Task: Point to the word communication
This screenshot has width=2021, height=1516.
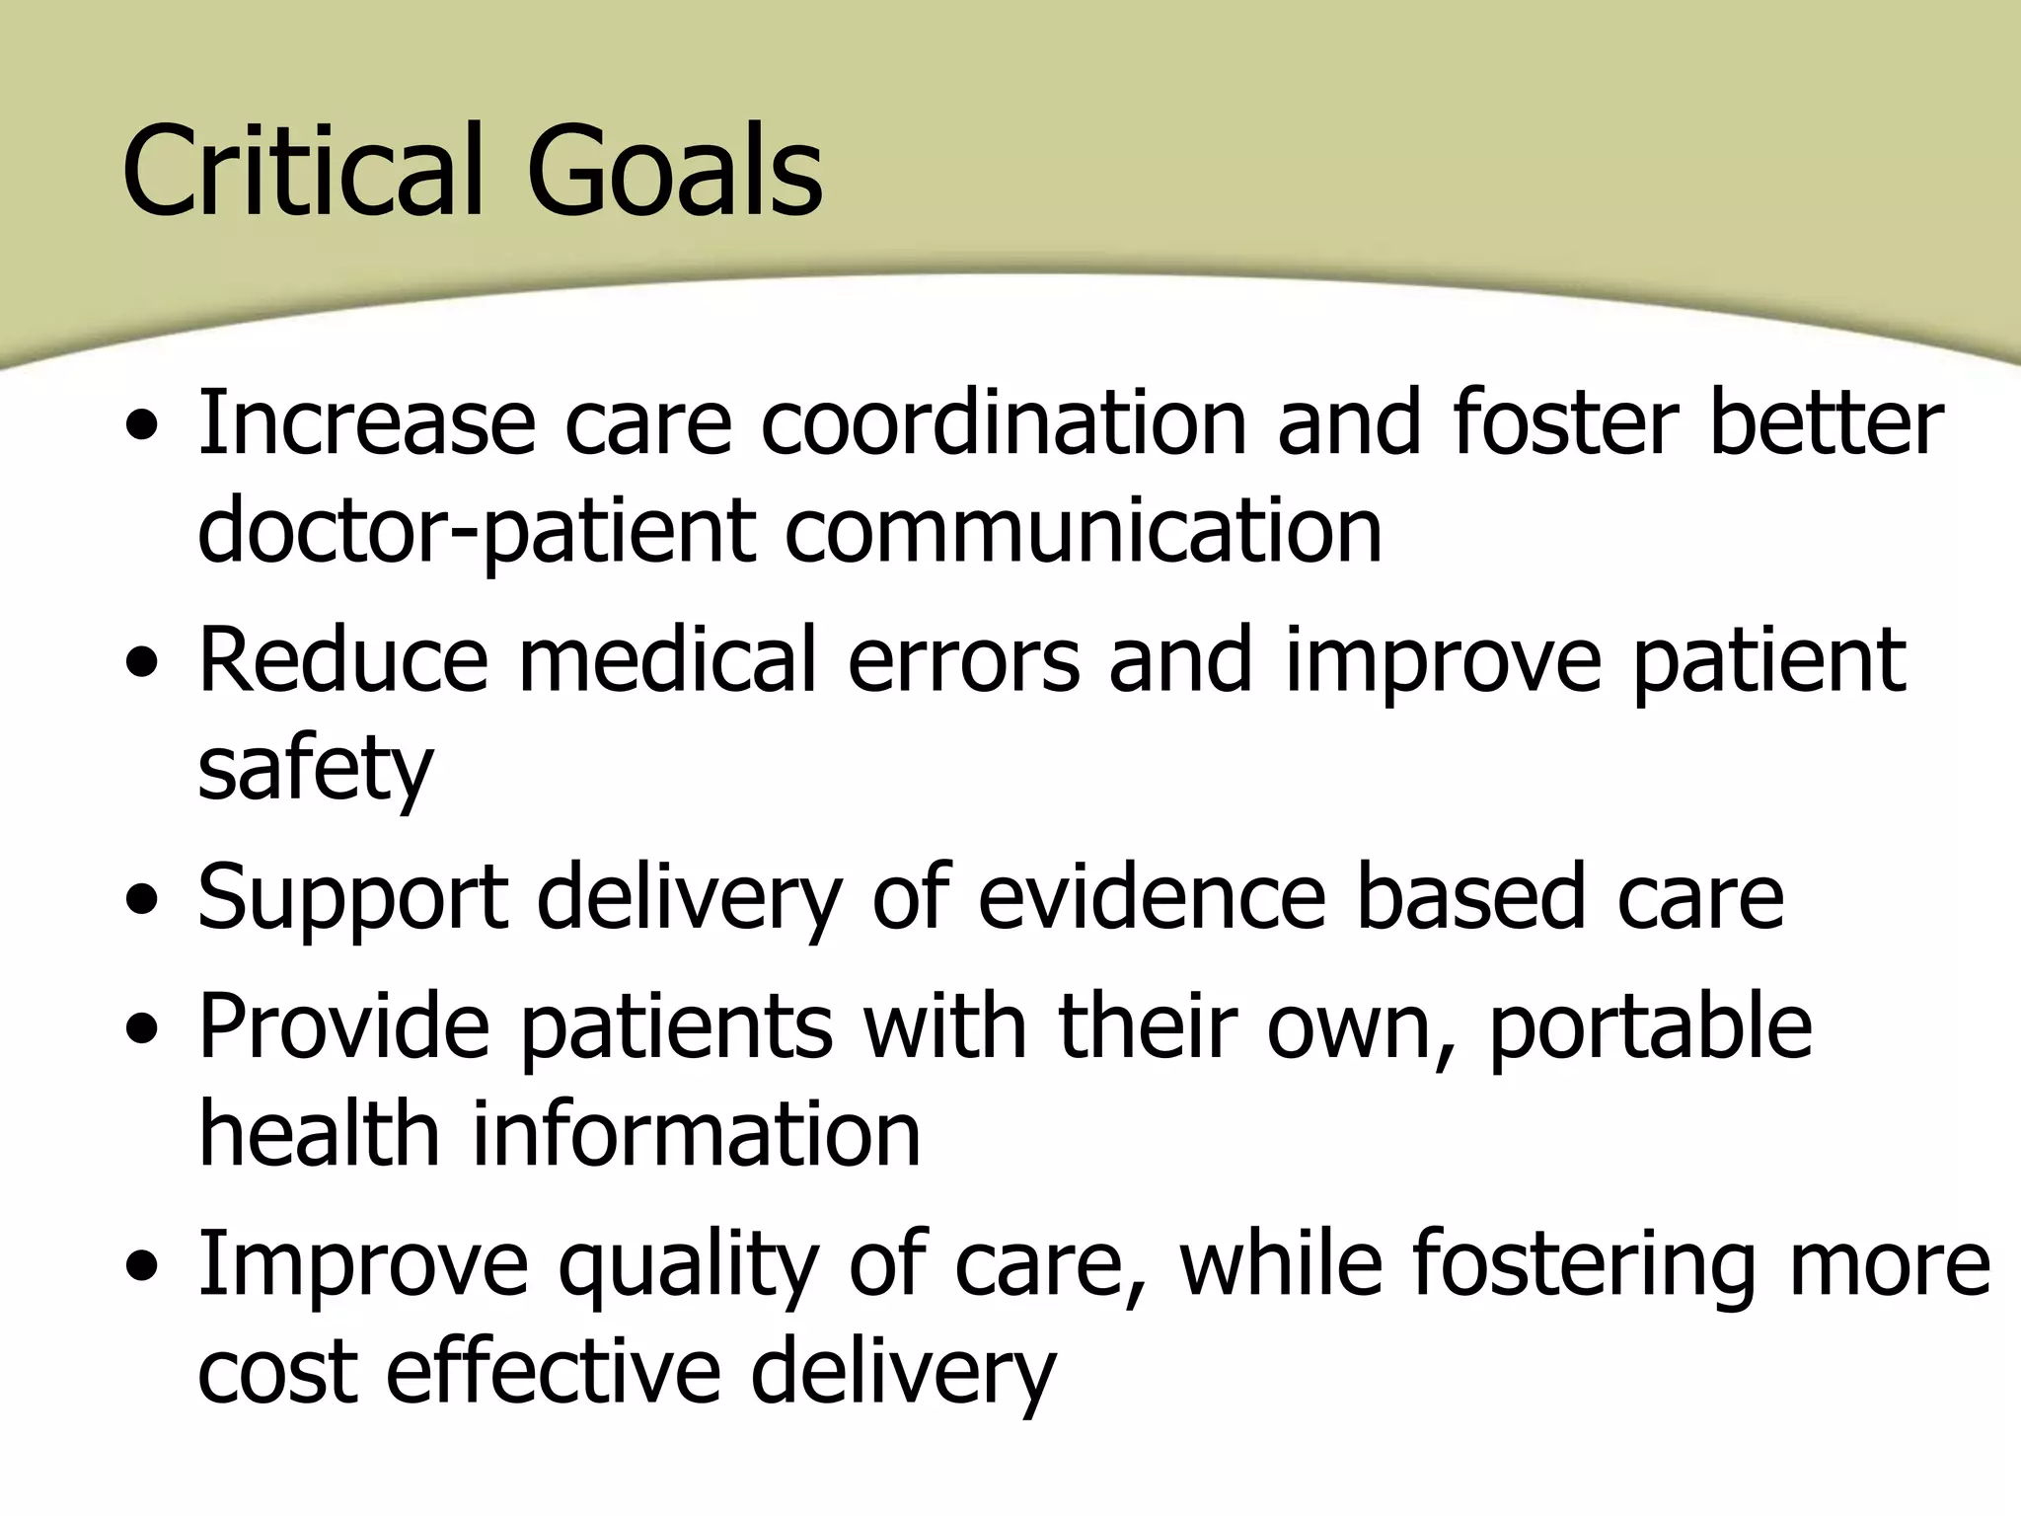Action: click(x=1084, y=531)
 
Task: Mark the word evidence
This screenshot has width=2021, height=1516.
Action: click(x=1151, y=896)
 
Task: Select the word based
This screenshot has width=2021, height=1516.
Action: click(x=1471, y=896)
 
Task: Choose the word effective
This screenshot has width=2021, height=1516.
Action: click(x=553, y=1372)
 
